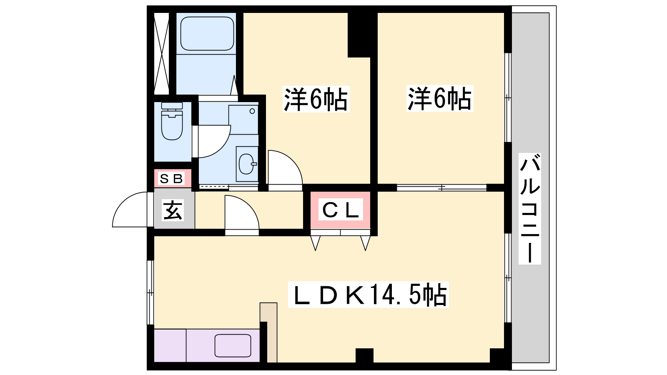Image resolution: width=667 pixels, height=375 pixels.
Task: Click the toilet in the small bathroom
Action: (x=172, y=121)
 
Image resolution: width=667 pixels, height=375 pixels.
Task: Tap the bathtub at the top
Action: (x=207, y=34)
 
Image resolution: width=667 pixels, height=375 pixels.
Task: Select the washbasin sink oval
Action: (x=246, y=164)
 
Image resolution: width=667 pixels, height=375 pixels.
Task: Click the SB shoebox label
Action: (x=171, y=179)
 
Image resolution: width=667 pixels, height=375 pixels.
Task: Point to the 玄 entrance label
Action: (x=173, y=210)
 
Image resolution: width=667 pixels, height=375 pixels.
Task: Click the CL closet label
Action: (x=341, y=210)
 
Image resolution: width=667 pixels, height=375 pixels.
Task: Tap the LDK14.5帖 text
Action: (x=369, y=295)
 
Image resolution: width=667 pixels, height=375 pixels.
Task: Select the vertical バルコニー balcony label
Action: (x=530, y=209)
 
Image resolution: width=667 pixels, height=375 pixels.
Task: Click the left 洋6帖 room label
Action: (x=316, y=99)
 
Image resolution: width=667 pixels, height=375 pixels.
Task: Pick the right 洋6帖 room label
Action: (x=440, y=98)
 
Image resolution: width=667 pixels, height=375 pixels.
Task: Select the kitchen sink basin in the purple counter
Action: (x=233, y=345)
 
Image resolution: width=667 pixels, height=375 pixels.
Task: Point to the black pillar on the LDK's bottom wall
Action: (x=364, y=355)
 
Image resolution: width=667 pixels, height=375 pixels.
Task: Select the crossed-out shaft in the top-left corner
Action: (x=161, y=53)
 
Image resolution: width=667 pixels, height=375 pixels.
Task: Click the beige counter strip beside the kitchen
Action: (x=268, y=332)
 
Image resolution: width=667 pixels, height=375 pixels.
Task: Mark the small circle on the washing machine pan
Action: (x=252, y=111)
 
